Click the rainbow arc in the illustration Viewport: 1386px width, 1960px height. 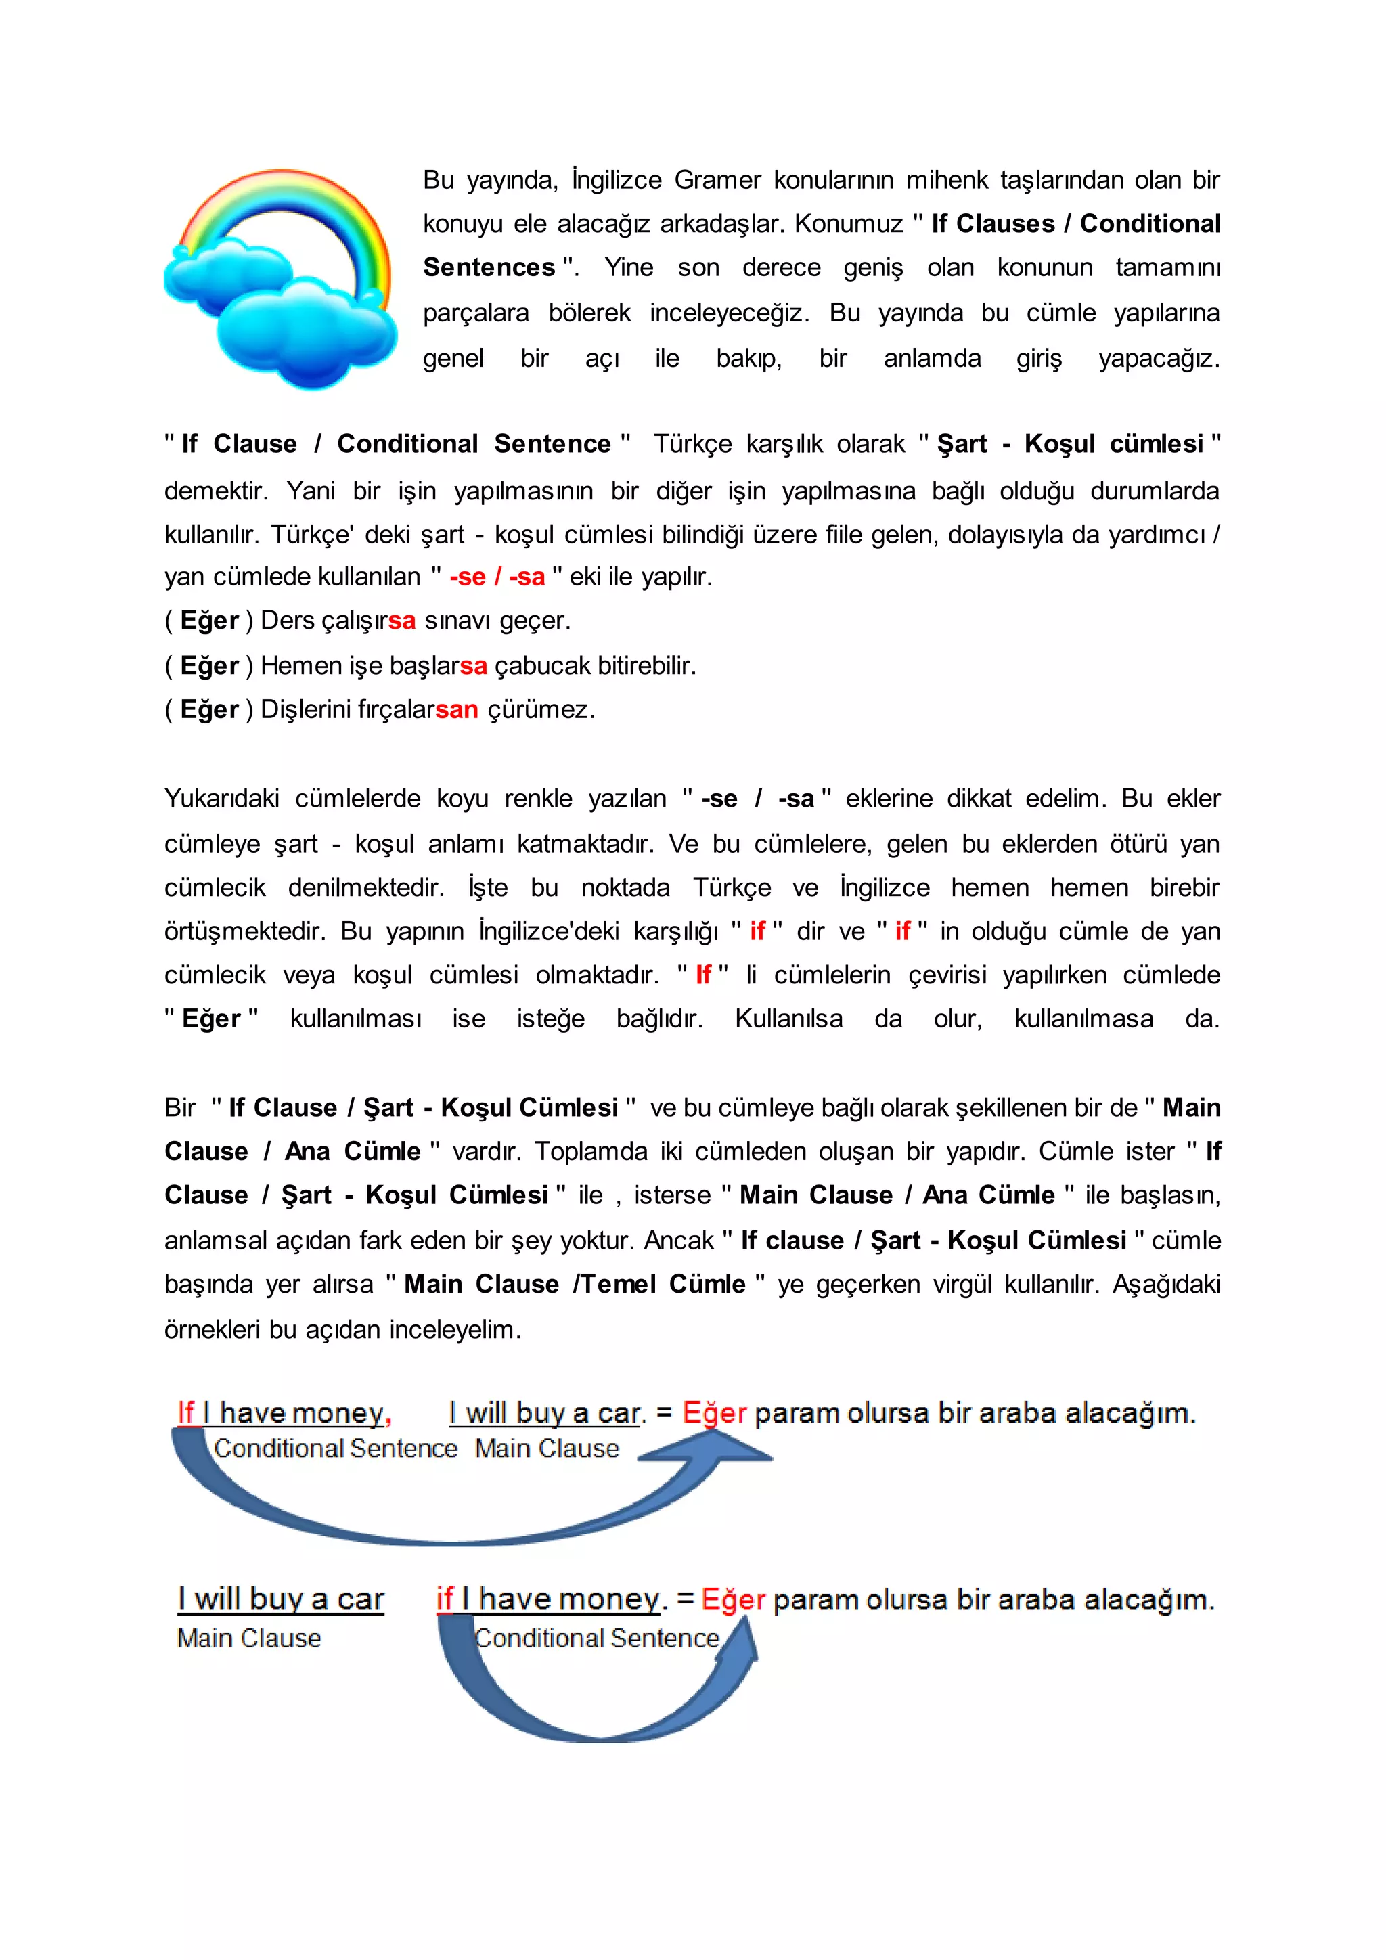pos(282,192)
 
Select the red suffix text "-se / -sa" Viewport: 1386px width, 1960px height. pos(497,577)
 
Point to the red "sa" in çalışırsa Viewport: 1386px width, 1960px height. pos(401,621)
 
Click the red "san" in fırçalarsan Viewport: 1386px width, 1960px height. pos(457,709)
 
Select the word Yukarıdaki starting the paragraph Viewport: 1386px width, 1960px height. pos(221,799)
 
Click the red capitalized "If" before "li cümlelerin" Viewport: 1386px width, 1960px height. pos(703,975)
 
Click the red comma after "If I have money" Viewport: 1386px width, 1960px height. pos(388,1417)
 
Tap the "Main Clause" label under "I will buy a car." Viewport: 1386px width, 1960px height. pos(546,1448)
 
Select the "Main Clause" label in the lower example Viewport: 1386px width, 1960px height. pos(249,1638)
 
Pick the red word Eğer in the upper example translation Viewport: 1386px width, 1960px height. pos(715,1414)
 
